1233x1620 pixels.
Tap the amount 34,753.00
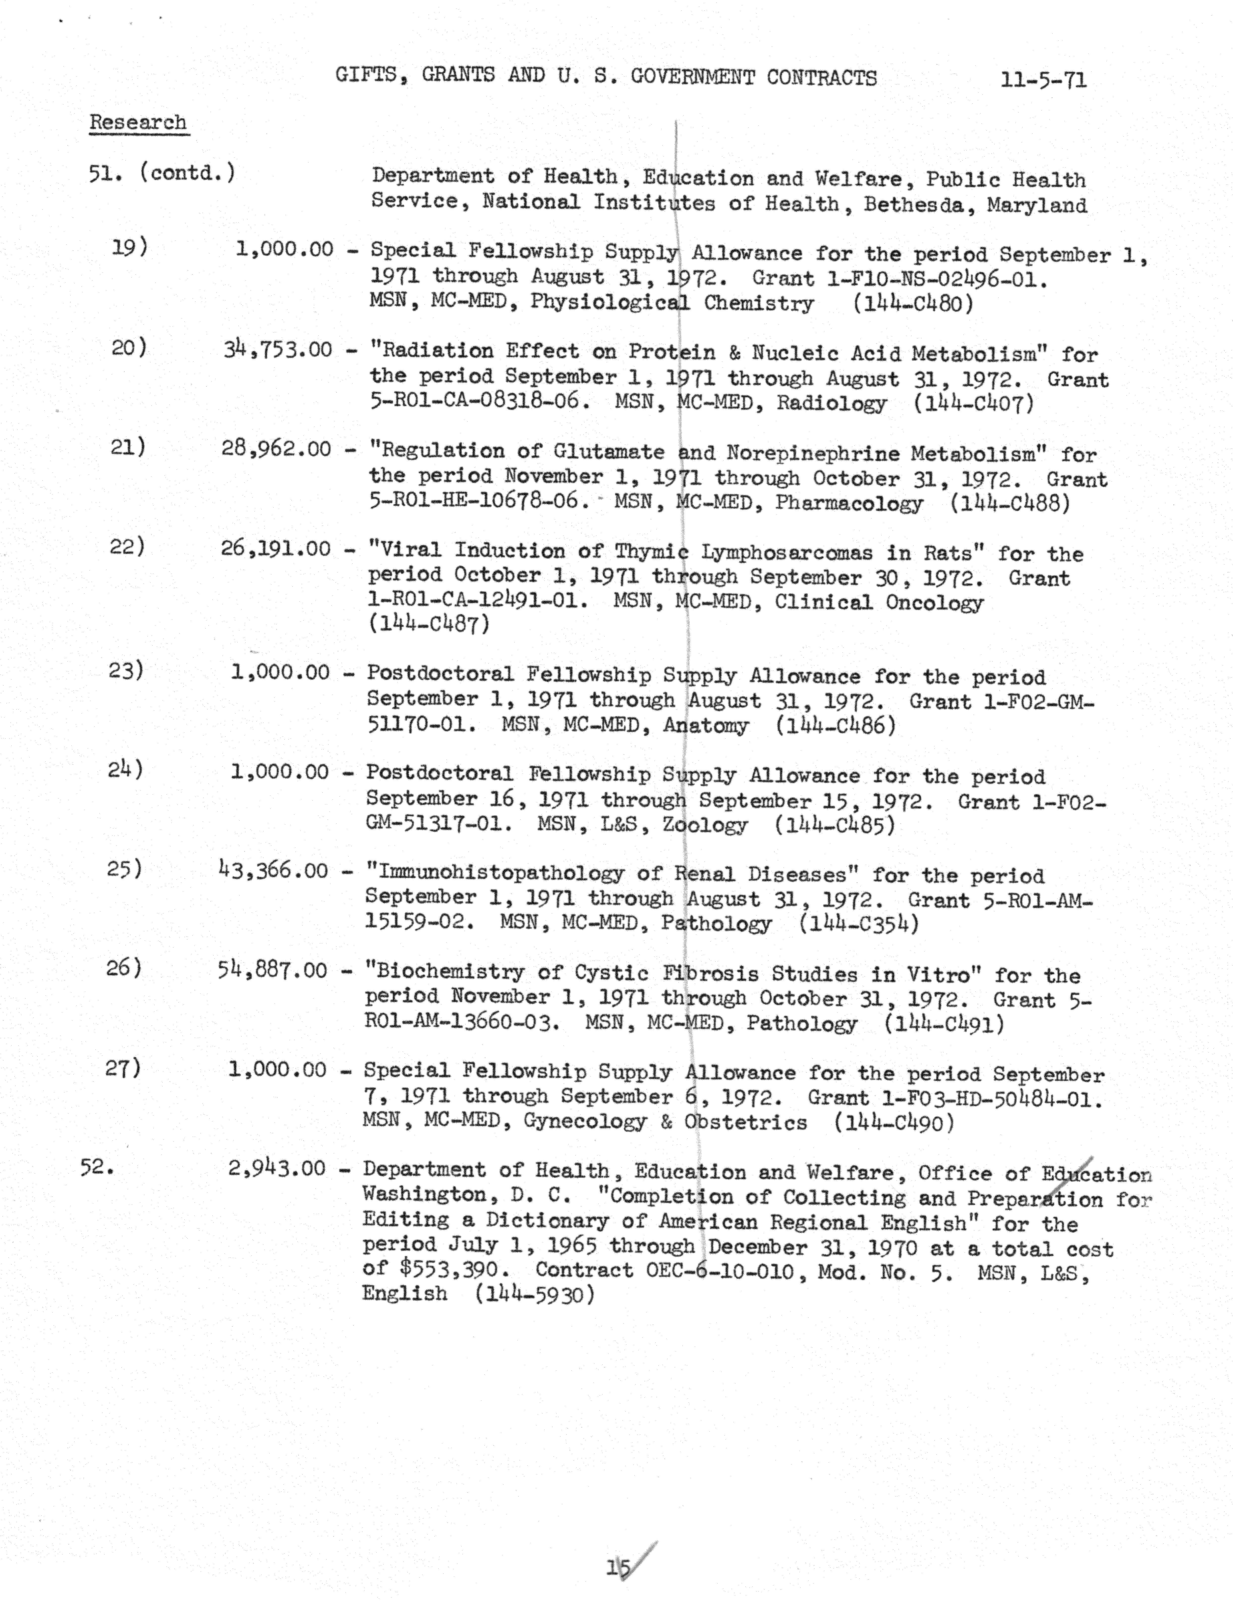click(x=278, y=349)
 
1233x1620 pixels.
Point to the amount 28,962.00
click(x=276, y=448)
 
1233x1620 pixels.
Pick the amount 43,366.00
click(x=273, y=870)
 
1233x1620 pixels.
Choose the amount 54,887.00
click(x=272, y=970)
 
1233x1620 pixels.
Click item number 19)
click(x=129, y=247)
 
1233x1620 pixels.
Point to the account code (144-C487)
click(x=429, y=625)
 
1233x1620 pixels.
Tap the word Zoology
click(x=704, y=825)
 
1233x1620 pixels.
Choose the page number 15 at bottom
click(x=618, y=1568)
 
